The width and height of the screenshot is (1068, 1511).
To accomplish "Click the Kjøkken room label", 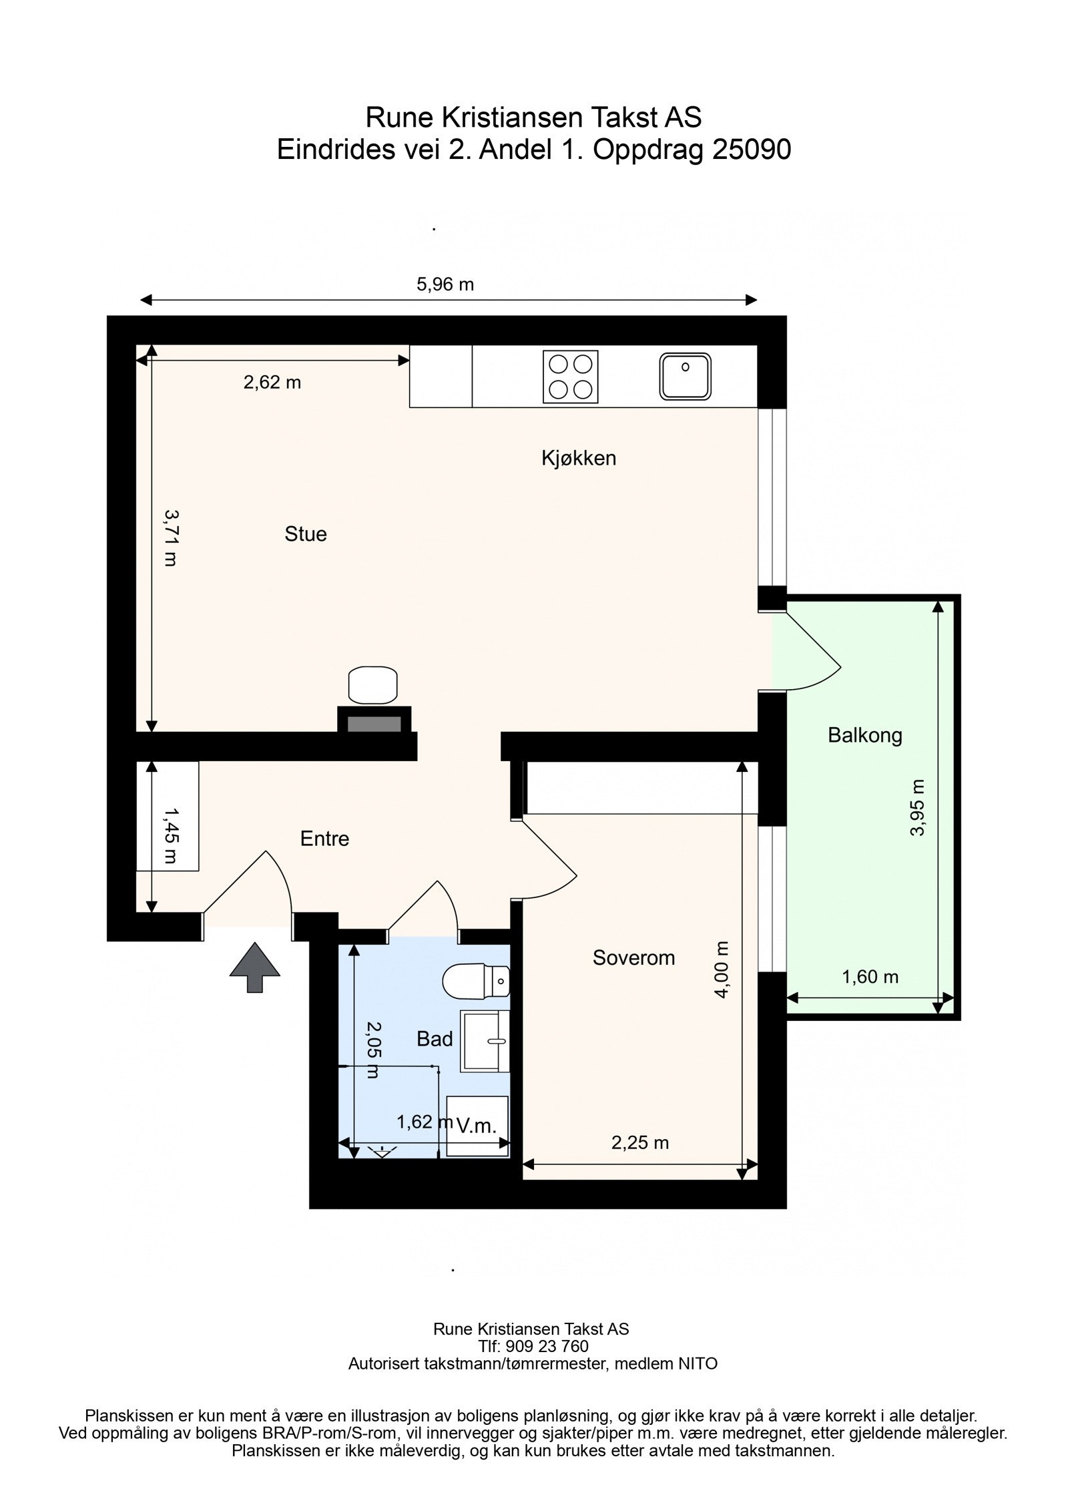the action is pyautogui.click(x=578, y=458).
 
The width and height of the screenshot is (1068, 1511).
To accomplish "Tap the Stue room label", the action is pyautogui.click(x=306, y=534).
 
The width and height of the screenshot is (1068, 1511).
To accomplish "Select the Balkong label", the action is pyautogui.click(x=864, y=735).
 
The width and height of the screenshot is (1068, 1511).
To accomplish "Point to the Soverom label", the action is pyautogui.click(x=633, y=957).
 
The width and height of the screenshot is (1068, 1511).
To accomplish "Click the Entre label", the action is pyautogui.click(x=324, y=838).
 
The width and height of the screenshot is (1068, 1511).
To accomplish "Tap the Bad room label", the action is pyautogui.click(x=435, y=1038).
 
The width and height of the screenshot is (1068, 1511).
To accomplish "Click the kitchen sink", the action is pyautogui.click(x=686, y=377).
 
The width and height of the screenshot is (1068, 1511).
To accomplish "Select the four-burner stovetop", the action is pyautogui.click(x=570, y=377).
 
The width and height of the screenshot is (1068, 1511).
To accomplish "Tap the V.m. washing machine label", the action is pyautogui.click(x=477, y=1126).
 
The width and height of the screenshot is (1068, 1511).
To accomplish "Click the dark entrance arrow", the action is pyautogui.click(x=255, y=967).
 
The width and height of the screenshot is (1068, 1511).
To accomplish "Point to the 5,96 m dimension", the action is pyautogui.click(x=445, y=284).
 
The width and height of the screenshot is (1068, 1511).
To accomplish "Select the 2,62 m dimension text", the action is pyautogui.click(x=272, y=382).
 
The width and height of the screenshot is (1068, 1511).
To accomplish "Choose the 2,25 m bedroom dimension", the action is pyautogui.click(x=640, y=1142).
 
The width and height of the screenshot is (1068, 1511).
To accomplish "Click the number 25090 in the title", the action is pyautogui.click(x=752, y=150).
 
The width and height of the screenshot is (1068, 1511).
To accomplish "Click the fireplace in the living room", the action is pyautogui.click(x=374, y=722).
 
